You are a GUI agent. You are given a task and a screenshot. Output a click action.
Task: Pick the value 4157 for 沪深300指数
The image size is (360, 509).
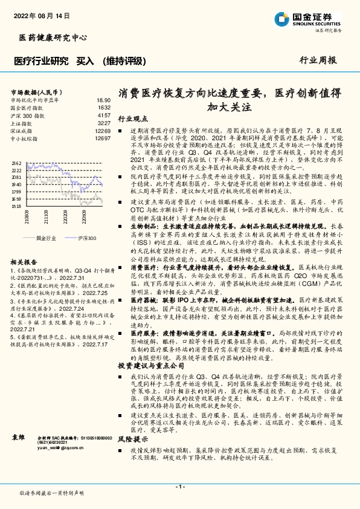tap(104, 115)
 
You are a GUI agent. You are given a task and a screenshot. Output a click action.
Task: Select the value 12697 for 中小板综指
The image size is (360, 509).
tap(103, 138)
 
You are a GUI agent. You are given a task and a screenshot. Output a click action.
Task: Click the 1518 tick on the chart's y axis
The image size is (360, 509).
tap(16, 206)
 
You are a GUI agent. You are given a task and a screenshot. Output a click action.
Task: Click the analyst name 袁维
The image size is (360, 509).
tap(18, 436)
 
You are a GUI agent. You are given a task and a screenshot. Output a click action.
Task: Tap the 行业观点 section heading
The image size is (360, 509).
tap(132, 119)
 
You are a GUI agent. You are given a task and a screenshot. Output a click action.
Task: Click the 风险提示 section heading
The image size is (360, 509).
tap(132, 439)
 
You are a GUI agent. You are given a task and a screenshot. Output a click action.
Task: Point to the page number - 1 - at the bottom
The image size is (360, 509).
tap(179, 487)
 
